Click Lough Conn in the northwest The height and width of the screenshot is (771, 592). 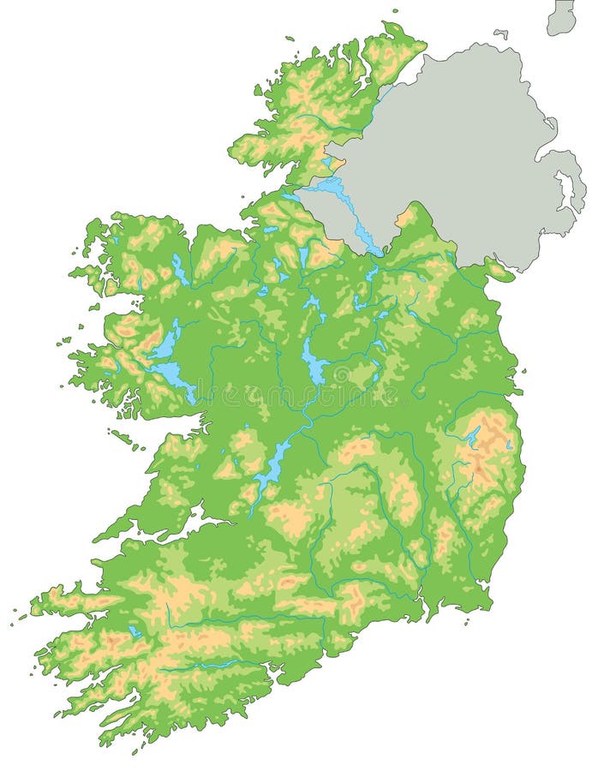click(x=179, y=271)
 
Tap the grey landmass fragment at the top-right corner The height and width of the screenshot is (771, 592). click(x=562, y=17)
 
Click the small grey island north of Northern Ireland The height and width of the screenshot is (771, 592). click(x=500, y=34)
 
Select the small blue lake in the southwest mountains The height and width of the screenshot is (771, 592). click(x=135, y=632)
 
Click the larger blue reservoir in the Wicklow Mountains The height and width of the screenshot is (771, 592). click(x=472, y=435)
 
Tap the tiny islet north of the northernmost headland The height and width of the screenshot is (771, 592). click(x=395, y=12)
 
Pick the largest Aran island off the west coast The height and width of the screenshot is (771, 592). click(x=120, y=436)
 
